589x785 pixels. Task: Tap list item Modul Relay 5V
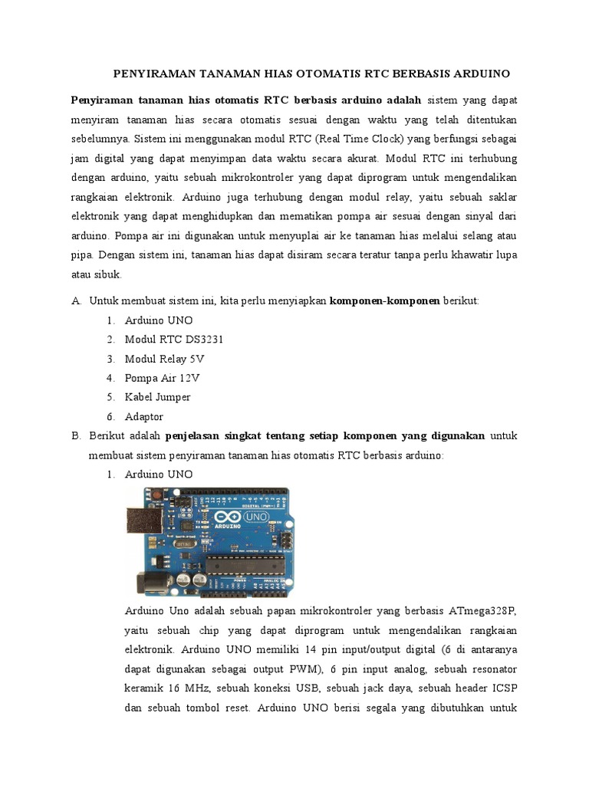pos(164,359)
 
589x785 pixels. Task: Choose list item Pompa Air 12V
pos(162,378)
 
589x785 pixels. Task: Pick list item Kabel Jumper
pos(157,397)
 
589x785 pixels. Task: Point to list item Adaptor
pos(143,417)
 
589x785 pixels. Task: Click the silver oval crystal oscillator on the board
pos(183,544)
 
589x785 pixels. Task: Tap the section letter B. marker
pos(76,436)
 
